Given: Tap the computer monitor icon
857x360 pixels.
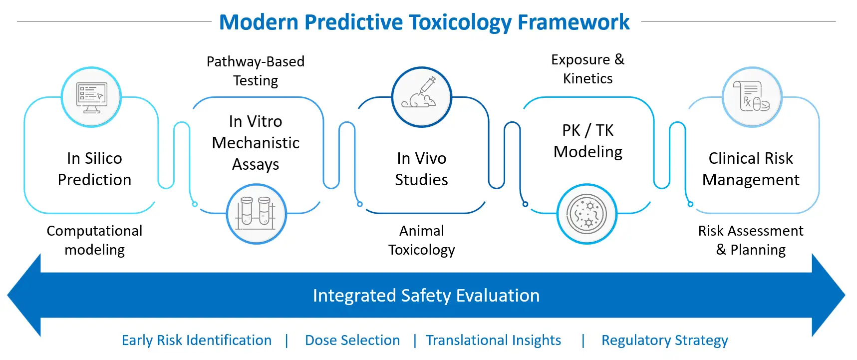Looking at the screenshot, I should pos(91,97).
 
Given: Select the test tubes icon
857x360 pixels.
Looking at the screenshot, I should pos(256,214).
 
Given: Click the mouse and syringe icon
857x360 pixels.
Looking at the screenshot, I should pos(421,97).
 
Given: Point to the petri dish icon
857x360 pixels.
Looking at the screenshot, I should pos(586,214).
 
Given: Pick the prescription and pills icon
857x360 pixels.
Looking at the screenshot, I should pos(752,97).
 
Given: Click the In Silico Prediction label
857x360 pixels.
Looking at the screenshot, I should pos(94,169).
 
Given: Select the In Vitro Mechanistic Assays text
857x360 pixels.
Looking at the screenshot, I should pos(256,143).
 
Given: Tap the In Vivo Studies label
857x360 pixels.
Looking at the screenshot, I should pos(421,169).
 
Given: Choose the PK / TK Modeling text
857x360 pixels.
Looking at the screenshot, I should pos(588,141).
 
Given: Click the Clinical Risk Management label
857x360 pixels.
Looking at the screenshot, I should pos(751,169).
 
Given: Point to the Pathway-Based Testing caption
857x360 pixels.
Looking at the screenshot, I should pos(256,71).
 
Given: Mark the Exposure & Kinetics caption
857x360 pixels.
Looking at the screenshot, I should pos(587,69).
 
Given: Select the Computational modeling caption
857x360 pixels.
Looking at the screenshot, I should pos(94,240).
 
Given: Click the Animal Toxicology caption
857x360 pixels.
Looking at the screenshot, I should pos(421,240).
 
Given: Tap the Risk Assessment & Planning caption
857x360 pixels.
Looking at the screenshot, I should pos(751,240).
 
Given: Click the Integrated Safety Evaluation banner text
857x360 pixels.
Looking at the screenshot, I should pos(426,296).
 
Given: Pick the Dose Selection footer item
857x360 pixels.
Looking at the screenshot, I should pos(352,341).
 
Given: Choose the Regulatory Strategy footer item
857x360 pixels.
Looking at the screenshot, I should pos(664,341).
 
